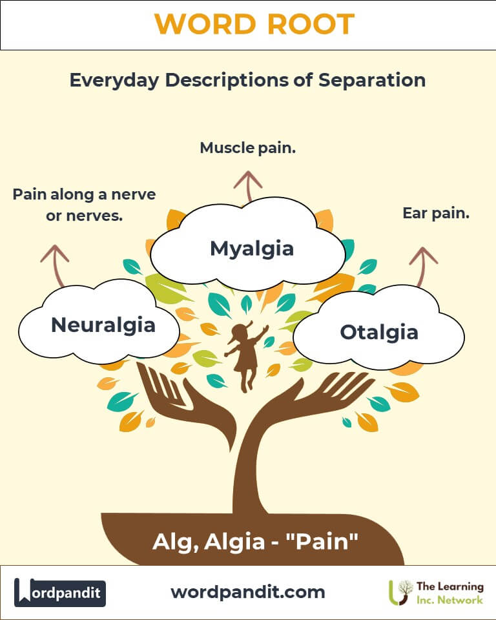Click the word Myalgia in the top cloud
point(252,249)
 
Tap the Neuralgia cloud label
point(103,324)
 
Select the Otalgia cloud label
point(379,333)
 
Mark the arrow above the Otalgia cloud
point(423,265)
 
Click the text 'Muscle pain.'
point(248,148)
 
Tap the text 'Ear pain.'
point(436,212)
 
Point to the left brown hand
point(174,400)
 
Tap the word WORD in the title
point(203,25)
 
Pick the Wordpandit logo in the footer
point(60,592)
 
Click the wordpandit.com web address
point(248,592)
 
